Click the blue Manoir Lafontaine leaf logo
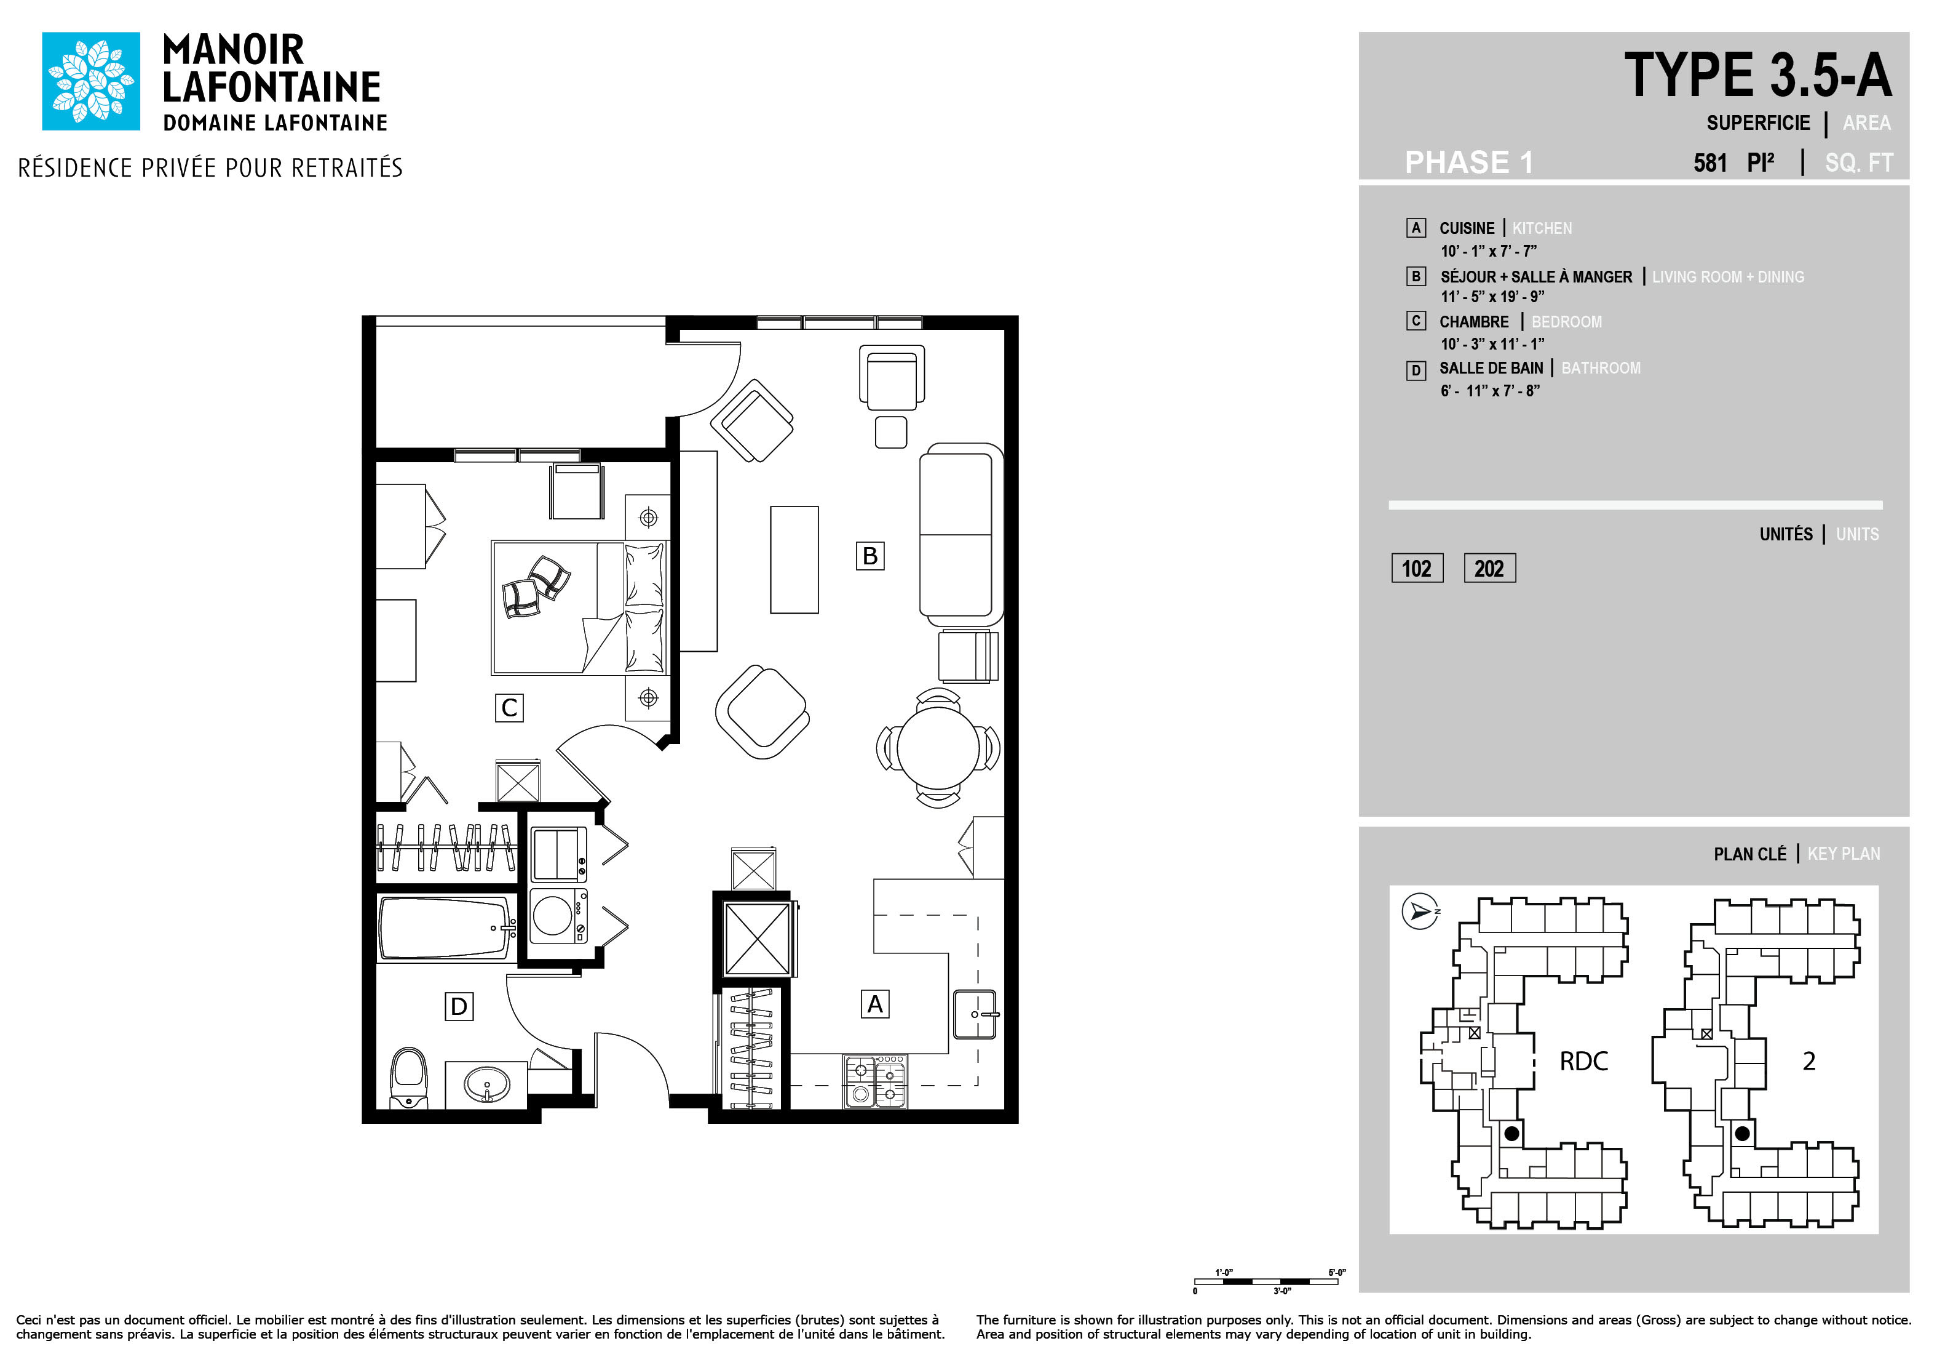coord(91,81)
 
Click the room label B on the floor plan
coord(869,555)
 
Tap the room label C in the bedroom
coord(509,707)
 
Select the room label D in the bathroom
coord(459,1006)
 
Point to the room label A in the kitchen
coord(875,1004)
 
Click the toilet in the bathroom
coord(409,1078)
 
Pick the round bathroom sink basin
coord(487,1083)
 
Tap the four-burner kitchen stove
coord(876,1081)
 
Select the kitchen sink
coord(976,1014)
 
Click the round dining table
coord(938,747)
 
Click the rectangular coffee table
coord(794,559)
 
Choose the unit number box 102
coord(1417,568)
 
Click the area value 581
coord(1710,163)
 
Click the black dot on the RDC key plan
coord(1512,1134)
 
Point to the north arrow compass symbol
coord(1420,911)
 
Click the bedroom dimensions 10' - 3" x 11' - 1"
coord(1492,343)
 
